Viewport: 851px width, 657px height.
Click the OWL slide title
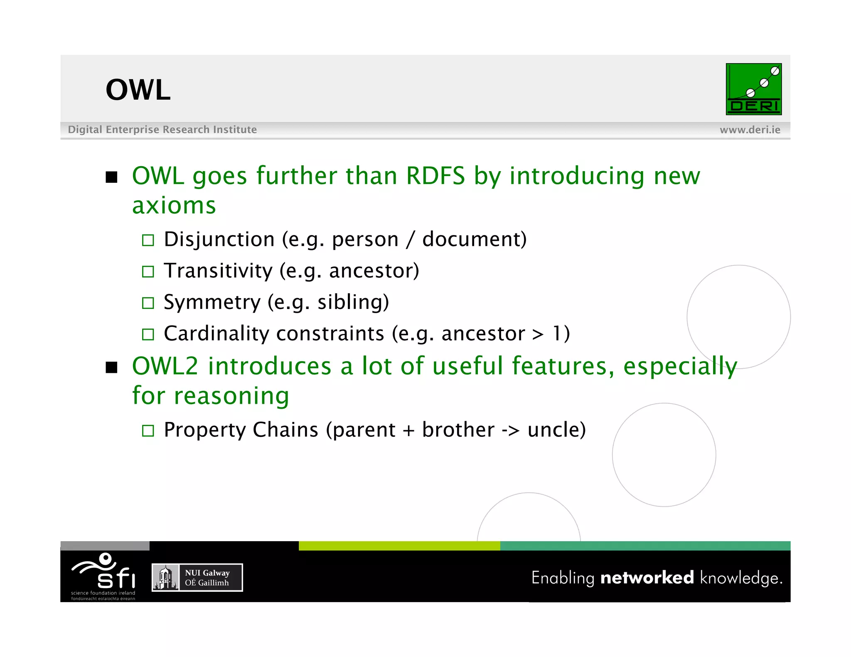[x=138, y=90]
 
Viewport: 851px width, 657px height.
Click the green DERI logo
[x=753, y=89]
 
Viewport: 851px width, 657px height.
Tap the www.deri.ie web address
[x=750, y=130]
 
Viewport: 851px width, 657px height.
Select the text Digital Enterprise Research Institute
[x=162, y=130]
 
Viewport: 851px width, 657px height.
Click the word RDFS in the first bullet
[x=435, y=176]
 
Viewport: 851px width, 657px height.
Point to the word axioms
[x=174, y=206]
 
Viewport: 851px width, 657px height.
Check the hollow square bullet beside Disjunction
[x=148, y=240]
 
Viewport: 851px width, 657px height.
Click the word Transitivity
[x=218, y=271]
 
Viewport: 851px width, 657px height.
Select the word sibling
[x=353, y=302]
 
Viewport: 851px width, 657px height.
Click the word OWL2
[x=165, y=366]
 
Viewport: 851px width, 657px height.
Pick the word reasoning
[x=231, y=396]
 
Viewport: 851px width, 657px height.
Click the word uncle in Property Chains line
[x=556, y=430]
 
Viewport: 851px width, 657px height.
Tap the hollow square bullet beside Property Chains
[x=148, y=431]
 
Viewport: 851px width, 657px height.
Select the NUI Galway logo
[x=197, y=577]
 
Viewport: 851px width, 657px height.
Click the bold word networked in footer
[x=647, y=578]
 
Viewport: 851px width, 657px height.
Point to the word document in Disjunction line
[x=474, y=240]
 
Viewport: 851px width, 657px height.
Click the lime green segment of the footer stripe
[x=399, y=546]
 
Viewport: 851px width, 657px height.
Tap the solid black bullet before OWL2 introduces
[x=111, y=368]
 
